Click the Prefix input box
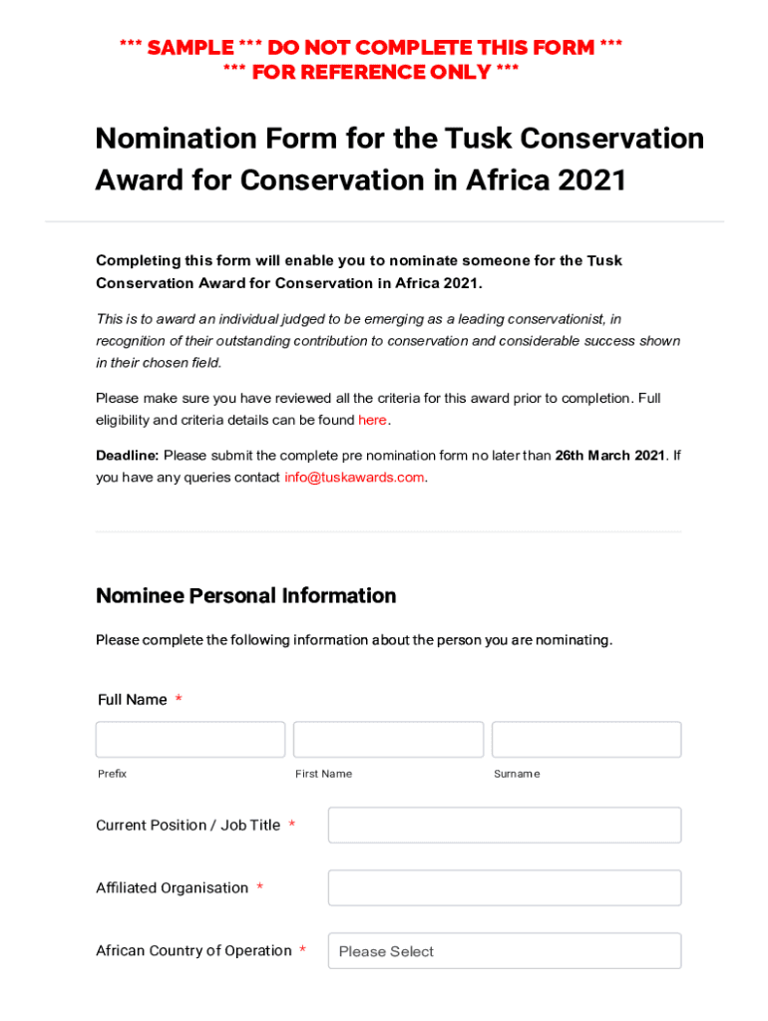[x=190, y=740]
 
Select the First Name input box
[x=388, y=740]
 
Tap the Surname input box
[x=586, y=740]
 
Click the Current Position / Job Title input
[x=505, y=826]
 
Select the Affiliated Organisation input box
[x=505, y=888]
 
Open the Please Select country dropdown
[x=505, y=951]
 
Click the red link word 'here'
[x=372, y=421]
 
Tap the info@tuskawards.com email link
[x=354, y=478]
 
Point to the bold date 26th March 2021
[x=609, y=456]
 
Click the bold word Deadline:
[x=127, y=456]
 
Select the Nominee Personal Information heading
[x=245, y=596]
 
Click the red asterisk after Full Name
[x=179, y=700]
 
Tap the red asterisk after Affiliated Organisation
[x=259, y=888]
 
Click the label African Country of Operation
[x=193, y=951]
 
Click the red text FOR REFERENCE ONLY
[x=371, y=73]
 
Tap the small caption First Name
[x=323, y=775]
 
